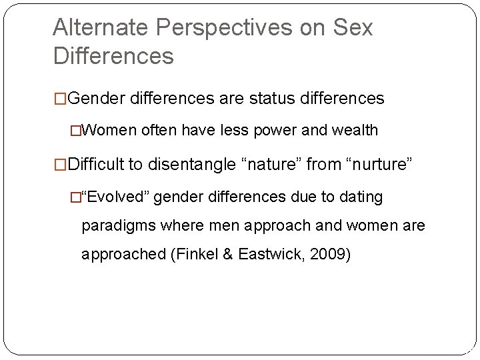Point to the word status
[x=273, y=99]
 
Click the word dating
[x=362, y=197]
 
